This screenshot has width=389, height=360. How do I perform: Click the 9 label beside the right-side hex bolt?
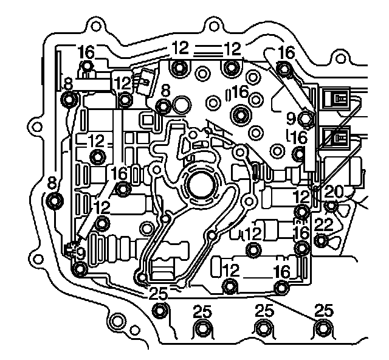coord(291,114)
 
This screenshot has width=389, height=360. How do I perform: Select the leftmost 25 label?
coord(158,294)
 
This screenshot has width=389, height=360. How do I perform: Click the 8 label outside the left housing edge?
coord(51,182)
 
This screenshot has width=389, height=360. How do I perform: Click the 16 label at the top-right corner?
coord(285,53)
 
